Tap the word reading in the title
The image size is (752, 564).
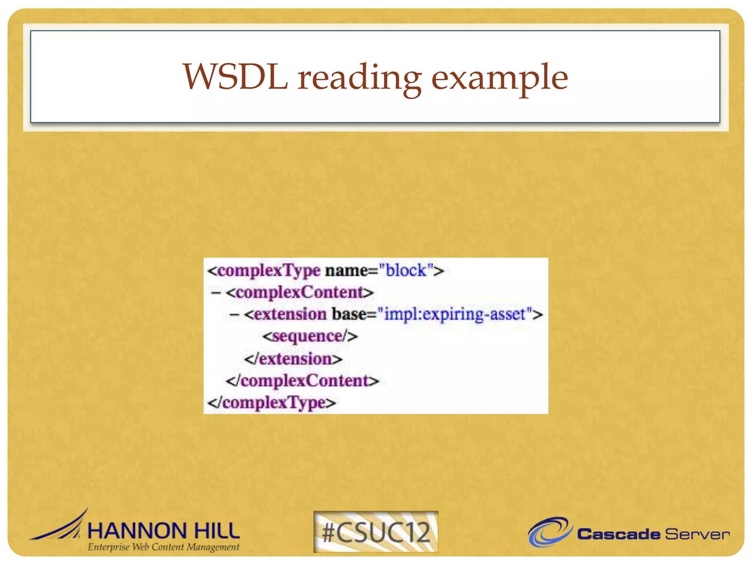tap(359, 78)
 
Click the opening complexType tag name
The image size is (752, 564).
tap(268, 271)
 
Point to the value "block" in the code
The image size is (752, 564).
tap(406, 271)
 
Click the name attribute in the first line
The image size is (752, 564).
tap(346, 271)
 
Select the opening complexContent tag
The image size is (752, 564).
tap(300, 293)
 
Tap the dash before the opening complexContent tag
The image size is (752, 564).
tap(216, 293)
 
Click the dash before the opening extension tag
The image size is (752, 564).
tap(234, 315)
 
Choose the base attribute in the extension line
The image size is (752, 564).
tap(349, 314)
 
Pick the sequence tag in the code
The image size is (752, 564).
tap(310, 336)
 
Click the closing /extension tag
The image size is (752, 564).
tap(293, 359)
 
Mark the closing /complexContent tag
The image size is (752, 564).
tap(302, 381)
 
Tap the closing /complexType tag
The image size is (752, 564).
tap(272, 403)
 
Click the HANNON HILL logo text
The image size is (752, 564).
tap(164, 531)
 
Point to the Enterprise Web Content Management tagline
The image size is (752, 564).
tap(163, 547)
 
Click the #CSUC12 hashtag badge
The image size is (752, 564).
tap(376, 532)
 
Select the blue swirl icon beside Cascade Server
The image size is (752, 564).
tap(550, 531)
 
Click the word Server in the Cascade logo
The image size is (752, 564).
tap(697, 534)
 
